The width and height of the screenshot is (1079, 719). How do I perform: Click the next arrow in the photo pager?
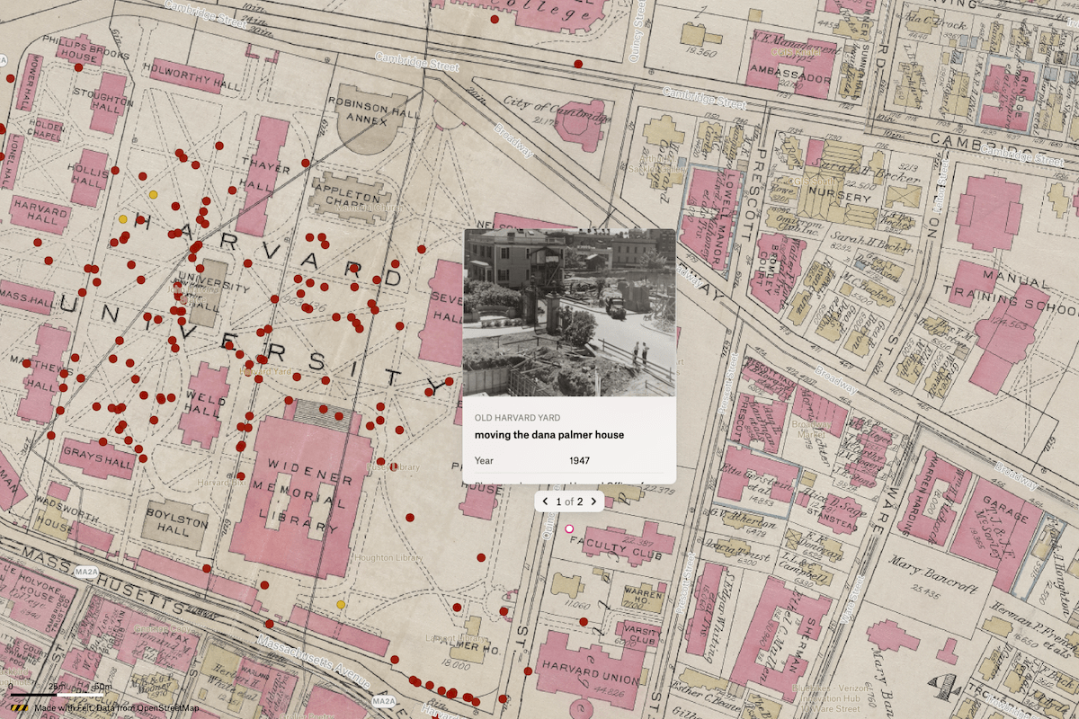tap(593, 501)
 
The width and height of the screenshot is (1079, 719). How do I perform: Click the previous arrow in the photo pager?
tap(546, 501)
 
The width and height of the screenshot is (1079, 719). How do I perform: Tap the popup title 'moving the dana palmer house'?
tap(549, 435)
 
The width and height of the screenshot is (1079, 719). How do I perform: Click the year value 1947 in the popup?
tap(581, 461)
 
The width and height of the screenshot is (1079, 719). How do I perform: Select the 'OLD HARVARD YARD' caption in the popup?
tap(517, 418)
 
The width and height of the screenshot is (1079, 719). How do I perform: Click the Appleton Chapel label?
tap(351, 201)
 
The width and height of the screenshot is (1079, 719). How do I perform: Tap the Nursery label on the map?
tap(840, 197)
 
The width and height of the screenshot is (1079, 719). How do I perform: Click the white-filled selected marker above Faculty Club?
tap(568, 529)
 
